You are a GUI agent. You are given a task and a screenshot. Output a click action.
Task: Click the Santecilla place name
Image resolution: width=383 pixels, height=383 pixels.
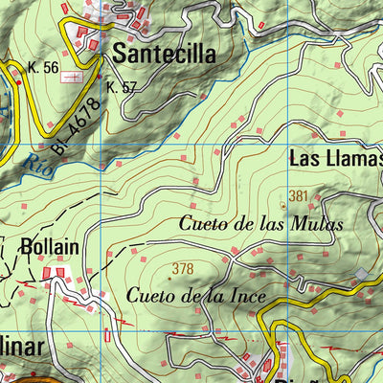click(x=164, y=55)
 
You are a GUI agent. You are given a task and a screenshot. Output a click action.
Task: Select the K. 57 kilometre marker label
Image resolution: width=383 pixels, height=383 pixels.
click(x=122, y=87)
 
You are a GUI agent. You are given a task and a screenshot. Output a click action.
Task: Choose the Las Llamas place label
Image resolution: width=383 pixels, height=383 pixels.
click(x=336, y=159)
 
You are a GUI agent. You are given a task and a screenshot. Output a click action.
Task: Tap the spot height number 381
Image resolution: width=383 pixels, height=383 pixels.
click(x=299, y=196)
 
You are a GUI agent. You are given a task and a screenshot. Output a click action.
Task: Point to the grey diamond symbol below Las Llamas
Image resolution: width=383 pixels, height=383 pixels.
click(x=361, y=275)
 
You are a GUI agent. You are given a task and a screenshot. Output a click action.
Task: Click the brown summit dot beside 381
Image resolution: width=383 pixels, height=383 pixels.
click(x=283, y=204)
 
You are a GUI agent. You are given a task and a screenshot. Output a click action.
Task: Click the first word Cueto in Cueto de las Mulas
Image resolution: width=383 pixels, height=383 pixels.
click(x=201, y=225)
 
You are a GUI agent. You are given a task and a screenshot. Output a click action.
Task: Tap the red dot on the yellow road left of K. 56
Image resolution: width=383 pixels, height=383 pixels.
click(x=18, y=83)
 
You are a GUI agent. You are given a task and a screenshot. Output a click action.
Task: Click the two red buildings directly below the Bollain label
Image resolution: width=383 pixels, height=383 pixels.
click(x=56, y=275)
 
